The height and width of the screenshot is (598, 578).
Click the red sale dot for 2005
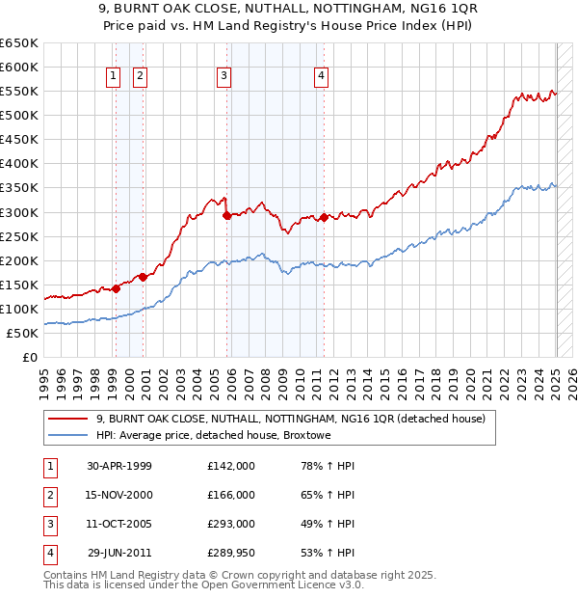coord(227,216)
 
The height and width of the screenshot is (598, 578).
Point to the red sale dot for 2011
coord(325,217)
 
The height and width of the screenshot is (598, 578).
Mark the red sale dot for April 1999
coord(116,288)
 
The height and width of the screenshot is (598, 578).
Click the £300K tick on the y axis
coord(18,212)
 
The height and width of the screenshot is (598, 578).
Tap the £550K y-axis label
coord(18,92)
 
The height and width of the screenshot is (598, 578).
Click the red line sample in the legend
coord(68,420)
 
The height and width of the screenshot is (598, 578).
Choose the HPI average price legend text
coord(213,436)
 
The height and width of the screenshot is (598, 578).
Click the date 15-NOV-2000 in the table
coord(119,495)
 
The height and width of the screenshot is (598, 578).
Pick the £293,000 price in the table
coord(231,524)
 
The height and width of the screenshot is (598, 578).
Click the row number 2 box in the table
coord(49,495)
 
